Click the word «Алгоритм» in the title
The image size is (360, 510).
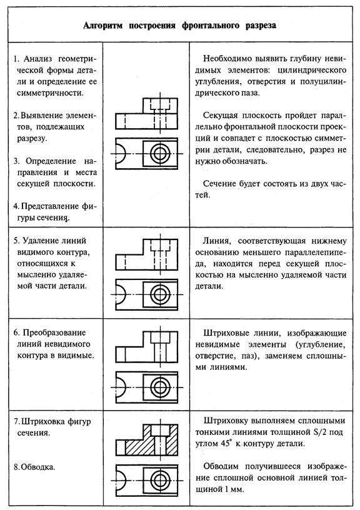click(x=103, y=26)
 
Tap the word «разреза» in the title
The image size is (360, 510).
click(x=261, y=26)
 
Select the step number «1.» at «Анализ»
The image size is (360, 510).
click(x=17, y=59)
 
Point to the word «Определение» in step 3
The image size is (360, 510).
click(x=51, y=161)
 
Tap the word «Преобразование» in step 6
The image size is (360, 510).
click(x=54, y=332)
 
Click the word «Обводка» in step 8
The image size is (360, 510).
click(x=37, y=467)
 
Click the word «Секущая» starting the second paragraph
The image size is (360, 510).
click(x=219, y=116)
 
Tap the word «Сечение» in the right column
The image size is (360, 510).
click(x=219, y=184)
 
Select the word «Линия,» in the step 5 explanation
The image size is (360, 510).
click(x=217, y=241)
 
